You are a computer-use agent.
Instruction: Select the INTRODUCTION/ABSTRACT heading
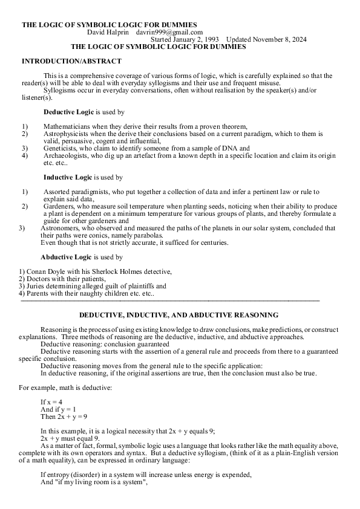point(71,61)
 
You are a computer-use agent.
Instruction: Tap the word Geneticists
point(61,148)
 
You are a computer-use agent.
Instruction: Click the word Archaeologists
point(65,155)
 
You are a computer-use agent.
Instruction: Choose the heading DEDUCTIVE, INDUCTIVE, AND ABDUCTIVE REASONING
point(179,315)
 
